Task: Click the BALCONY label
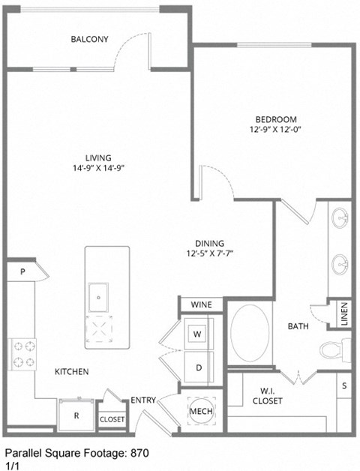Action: coord(89,39)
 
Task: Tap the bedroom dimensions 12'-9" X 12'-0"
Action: coord(275,130)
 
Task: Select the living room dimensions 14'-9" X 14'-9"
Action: coord(98,168)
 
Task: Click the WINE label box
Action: coord(201,304)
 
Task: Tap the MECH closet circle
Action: coord(201,411)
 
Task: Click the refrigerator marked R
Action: coord(76,413)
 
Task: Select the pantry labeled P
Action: coord(23,272)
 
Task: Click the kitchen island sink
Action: coord(99,297)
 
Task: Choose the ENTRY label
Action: coord(143,400)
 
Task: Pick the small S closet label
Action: coord(344,385)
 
